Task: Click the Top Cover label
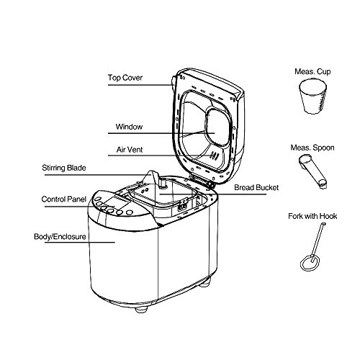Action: pos(125,78)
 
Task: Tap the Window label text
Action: pos(129,127)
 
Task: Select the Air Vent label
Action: pos(130,150)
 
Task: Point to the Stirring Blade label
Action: pos(64,168)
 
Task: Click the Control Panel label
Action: pos(64,199)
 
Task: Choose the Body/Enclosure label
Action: pos(60,237)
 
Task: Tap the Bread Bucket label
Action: pos(256,187)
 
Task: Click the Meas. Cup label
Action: pos(312,71)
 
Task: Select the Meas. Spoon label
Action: pos(312,148)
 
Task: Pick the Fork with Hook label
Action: pos(312,216)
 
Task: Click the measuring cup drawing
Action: pos(313,96)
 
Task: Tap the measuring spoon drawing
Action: pos(313,171)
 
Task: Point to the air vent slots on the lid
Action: pos(215,156)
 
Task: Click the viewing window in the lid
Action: pos(218,127)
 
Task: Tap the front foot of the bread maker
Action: pos(141,310)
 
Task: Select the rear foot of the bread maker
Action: pos(205,283)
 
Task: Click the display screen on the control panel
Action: pos(117,202)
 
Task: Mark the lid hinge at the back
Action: pos(201,181)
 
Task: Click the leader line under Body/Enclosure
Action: pos(80,242)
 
